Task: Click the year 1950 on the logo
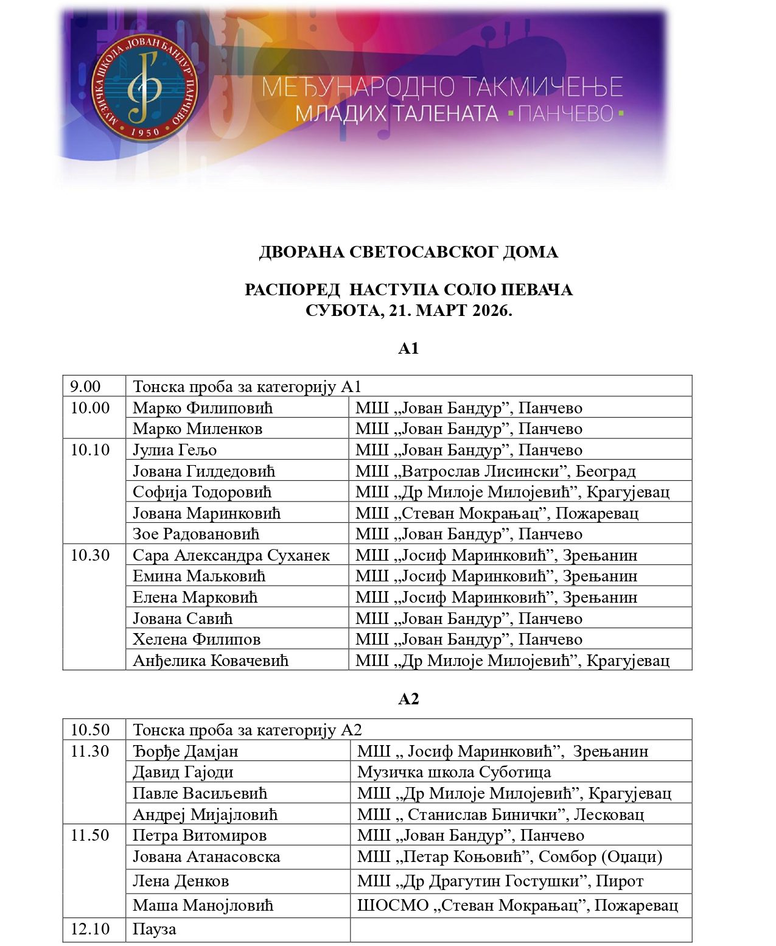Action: coord(145,131)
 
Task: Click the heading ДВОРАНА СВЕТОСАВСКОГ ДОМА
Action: coord(408,252)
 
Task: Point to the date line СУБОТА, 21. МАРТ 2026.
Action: coord(408,310)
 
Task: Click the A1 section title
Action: coord(408,348)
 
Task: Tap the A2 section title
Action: coord(408,699)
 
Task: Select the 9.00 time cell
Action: coord(86,387)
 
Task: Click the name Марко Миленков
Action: coord(198,429)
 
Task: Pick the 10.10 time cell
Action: coord(90,450)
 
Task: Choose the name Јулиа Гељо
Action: coord(175,450)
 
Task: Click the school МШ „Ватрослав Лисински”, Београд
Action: coord(495,471)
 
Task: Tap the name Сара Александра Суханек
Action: coord(231,555)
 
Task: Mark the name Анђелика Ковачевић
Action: coord(211,660)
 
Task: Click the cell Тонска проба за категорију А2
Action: coord(248,730)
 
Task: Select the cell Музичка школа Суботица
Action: coord(454,772)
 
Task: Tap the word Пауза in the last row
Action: coord(155,930)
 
